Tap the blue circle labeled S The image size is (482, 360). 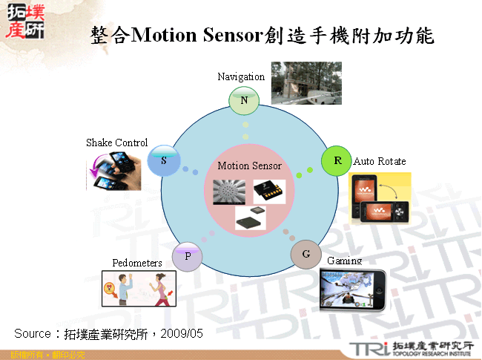pos(164,160)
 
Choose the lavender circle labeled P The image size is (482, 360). pos(188,256)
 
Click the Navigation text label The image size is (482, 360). pos(241,76)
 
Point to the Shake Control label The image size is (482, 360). pos(116,143)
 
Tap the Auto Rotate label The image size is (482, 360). pos(380,161)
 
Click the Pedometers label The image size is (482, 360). pos(137,263)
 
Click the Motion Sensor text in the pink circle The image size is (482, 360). pos(250,166)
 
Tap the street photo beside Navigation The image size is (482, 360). pos(300,82)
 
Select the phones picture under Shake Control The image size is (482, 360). pos(115,170)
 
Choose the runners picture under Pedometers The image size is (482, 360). pos(139,288)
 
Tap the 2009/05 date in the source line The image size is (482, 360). pos(181,333)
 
